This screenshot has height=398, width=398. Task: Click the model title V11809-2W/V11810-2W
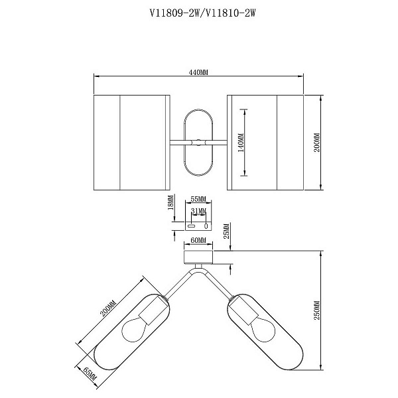pos(202,13)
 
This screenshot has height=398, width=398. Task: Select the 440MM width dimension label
pos(198,72)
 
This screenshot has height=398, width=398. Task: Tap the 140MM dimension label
pos(241,143)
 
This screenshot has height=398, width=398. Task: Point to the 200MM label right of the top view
pos(317,143)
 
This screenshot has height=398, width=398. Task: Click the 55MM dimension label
pos(198,199)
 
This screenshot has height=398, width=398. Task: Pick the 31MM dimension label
pos(198,211)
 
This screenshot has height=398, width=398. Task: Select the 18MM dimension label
pos(170,202)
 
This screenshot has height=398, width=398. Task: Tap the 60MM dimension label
pos(198,240)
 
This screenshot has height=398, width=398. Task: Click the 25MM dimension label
pos(227,231)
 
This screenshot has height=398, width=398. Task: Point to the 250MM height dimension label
pos(317,310)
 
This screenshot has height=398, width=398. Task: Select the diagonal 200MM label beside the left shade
pos(108,308)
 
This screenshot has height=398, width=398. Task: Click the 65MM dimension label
pos(90,373)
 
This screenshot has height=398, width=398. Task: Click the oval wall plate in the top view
pos(198,143)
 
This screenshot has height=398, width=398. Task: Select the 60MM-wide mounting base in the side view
pos(198,257)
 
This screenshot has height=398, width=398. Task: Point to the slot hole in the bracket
pos(191,226)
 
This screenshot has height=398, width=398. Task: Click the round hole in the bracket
pos(206,226)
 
